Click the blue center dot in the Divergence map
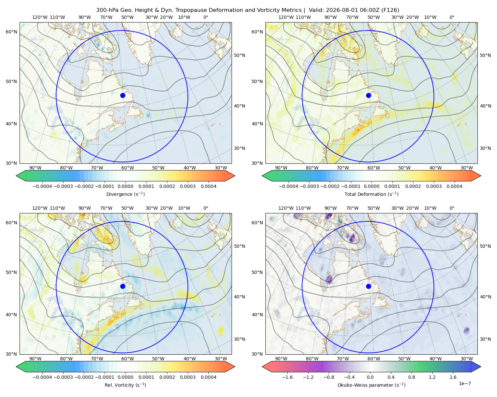click(x=123, y=95)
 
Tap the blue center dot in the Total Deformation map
click(x=368, y=95)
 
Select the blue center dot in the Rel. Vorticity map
click(x=123, y=286)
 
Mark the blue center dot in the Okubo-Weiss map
click(x=368, y=286)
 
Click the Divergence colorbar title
click(x=125, y=194)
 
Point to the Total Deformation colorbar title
click(x=371, y=194)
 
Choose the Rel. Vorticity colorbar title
click(x=125, y=385)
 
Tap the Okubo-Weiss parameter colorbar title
click(x=371, y=385)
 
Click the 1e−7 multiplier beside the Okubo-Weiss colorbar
click(x=465, y=383)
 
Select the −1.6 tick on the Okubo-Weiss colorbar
click(x=288, y=377)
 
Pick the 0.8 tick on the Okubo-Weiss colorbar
click(x=412, y=377)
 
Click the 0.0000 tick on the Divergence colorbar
click(x=125, y=186)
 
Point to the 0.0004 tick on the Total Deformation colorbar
click(x=455, y=186)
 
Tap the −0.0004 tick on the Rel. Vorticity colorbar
click(x=42, y=377)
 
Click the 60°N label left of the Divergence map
click(x=11, y=32)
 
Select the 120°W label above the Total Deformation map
click(x=286, y=17)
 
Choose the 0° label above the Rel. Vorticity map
click(x=206, y=208)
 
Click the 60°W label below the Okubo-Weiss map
click(x=374, y=359)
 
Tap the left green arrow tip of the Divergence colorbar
click(x=16, y=176)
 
